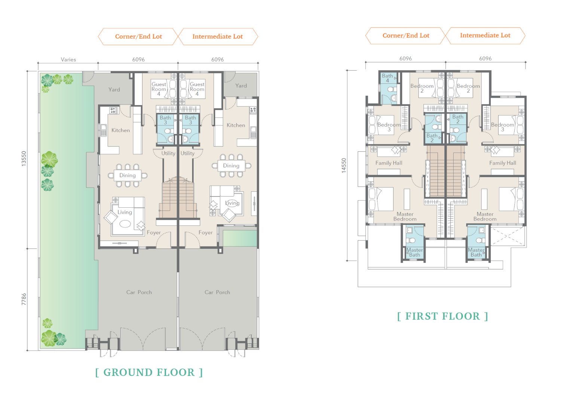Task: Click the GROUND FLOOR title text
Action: [x=149, y=372]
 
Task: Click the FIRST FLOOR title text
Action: [x=442, y=316]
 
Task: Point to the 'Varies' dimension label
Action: [x=68, y=59]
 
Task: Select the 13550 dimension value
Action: [x=24, y=158]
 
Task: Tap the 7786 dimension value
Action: [x=24, y=299]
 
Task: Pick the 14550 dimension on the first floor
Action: [x=344, y=165]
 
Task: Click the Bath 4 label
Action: [x=388, y=78]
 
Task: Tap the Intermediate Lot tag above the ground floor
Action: [x=218, y=37]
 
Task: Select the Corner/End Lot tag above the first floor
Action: [x=406, y=35]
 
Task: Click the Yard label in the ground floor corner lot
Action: [x=114, y=90]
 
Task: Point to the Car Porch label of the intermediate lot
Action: [x=217, y=292]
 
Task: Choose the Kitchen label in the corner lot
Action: [x=120, y=130]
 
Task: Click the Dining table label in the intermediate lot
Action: [x=231, y=166]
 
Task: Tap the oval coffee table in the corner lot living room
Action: [x=125, y=224]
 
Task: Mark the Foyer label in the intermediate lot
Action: [x=205, y=233]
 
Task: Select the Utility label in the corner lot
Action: [x=168, y=154]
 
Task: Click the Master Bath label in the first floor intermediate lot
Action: [x=476, y=252]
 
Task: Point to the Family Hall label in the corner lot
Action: [x=389, y=163]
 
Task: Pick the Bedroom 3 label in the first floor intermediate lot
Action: [x=502, y=127]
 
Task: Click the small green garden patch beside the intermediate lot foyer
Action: [x=240, y=238]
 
